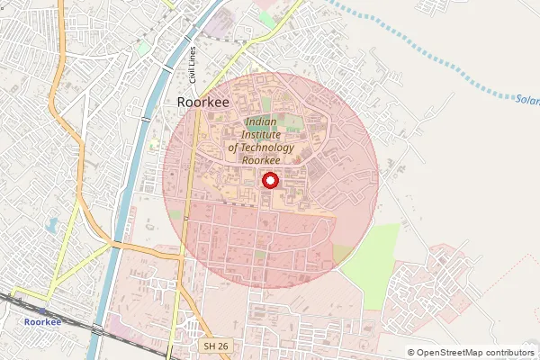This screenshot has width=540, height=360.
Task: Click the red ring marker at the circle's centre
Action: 269,181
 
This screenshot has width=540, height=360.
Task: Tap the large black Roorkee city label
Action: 203,103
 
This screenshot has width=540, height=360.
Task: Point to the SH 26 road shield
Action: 214,346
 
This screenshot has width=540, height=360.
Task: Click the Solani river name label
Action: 527,99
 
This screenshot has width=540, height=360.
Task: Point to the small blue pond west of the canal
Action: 52,224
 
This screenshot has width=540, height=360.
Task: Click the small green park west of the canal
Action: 144,47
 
